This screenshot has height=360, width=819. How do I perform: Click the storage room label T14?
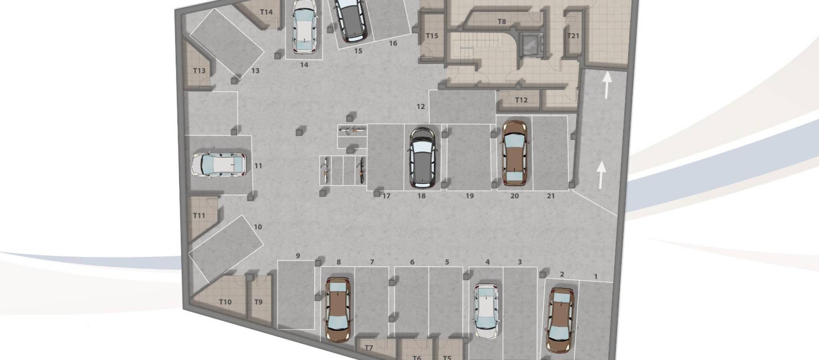point(266,12)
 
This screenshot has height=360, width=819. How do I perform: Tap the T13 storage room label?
point(199,71)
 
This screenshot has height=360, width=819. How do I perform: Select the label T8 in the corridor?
point(501,22)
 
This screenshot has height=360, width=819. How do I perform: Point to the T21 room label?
point(573,36)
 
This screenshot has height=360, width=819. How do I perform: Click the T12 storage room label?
point(521,100)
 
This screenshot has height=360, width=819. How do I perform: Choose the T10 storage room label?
point(225,302)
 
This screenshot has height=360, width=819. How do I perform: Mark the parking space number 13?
point(256,71)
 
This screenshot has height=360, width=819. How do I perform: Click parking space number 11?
point(258,166)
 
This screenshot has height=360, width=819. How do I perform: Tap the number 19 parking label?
point(469,196)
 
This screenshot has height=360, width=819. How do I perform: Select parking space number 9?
point(298,256)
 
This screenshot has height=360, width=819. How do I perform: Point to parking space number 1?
point(596,276)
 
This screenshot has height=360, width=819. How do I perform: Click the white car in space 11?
point(218,164)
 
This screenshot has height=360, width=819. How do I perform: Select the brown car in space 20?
point(515,153)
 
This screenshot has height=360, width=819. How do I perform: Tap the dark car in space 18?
point(423,157)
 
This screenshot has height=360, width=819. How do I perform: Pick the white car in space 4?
point(486,311)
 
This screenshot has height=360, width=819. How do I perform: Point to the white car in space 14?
point(305,26)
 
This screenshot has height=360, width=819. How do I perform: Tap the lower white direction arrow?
point(601,175)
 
